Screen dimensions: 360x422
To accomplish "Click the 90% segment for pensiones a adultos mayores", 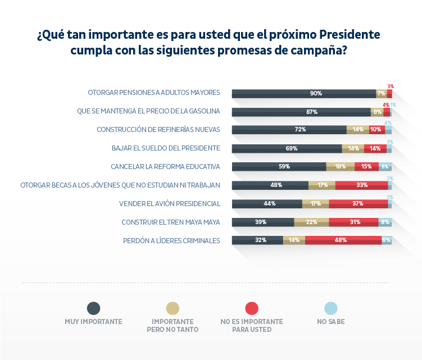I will (x=304, y=93).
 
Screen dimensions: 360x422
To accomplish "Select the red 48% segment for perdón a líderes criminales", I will (x=343, y=240).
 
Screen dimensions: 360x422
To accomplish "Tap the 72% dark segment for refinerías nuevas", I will (x=289, y=130).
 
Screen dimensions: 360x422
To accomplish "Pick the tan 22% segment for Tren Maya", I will (x=311, y=222).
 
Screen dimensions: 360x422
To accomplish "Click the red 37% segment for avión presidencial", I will (x=359, y=203).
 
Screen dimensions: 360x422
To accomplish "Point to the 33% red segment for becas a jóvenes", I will (x=361, y=185).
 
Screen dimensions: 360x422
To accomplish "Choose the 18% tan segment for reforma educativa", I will (x=341, y=167).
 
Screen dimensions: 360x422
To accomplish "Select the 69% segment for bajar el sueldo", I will (x=287, y=148).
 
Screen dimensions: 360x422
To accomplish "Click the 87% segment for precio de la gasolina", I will (x=301, y=112).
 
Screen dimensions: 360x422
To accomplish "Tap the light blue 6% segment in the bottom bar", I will (x=387, y=240).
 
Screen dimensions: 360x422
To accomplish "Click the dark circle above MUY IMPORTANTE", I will (x=94, y=308).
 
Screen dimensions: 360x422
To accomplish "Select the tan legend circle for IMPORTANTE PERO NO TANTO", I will (x=173, y=308).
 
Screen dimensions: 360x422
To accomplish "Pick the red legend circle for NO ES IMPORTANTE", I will (x=252, y=308).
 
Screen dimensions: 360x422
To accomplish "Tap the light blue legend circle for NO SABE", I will (x=331, y=308).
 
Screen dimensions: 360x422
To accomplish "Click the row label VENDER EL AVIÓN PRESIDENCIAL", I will (x=170, y=203).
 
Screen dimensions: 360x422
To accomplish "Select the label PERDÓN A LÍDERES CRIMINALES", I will (x=171, y=240).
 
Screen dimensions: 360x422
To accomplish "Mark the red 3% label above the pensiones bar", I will (x=390, y=86).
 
